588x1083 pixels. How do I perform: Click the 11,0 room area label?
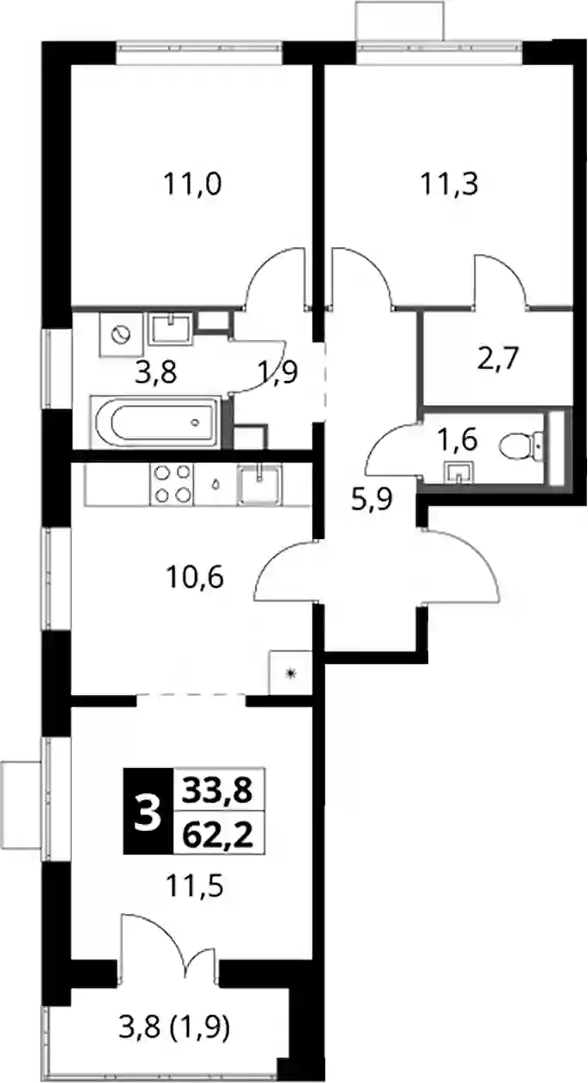pos(192,185)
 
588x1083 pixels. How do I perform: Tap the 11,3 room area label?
pos(450,185)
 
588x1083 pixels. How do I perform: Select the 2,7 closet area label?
pos(498,360)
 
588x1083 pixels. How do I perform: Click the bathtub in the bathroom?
pos(155,421)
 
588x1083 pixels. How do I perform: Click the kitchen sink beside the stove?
pos(259,484)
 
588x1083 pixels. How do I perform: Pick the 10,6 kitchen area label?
pos(194,578)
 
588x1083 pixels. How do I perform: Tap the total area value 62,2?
pos(219,835)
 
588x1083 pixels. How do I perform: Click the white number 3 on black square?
pos(148,813)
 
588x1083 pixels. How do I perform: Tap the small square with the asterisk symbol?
pos(290,673)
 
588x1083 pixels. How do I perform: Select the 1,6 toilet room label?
pos(457,440)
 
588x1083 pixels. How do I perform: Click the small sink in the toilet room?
pos(459,472)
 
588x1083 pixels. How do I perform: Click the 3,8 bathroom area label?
pos(155,373)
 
